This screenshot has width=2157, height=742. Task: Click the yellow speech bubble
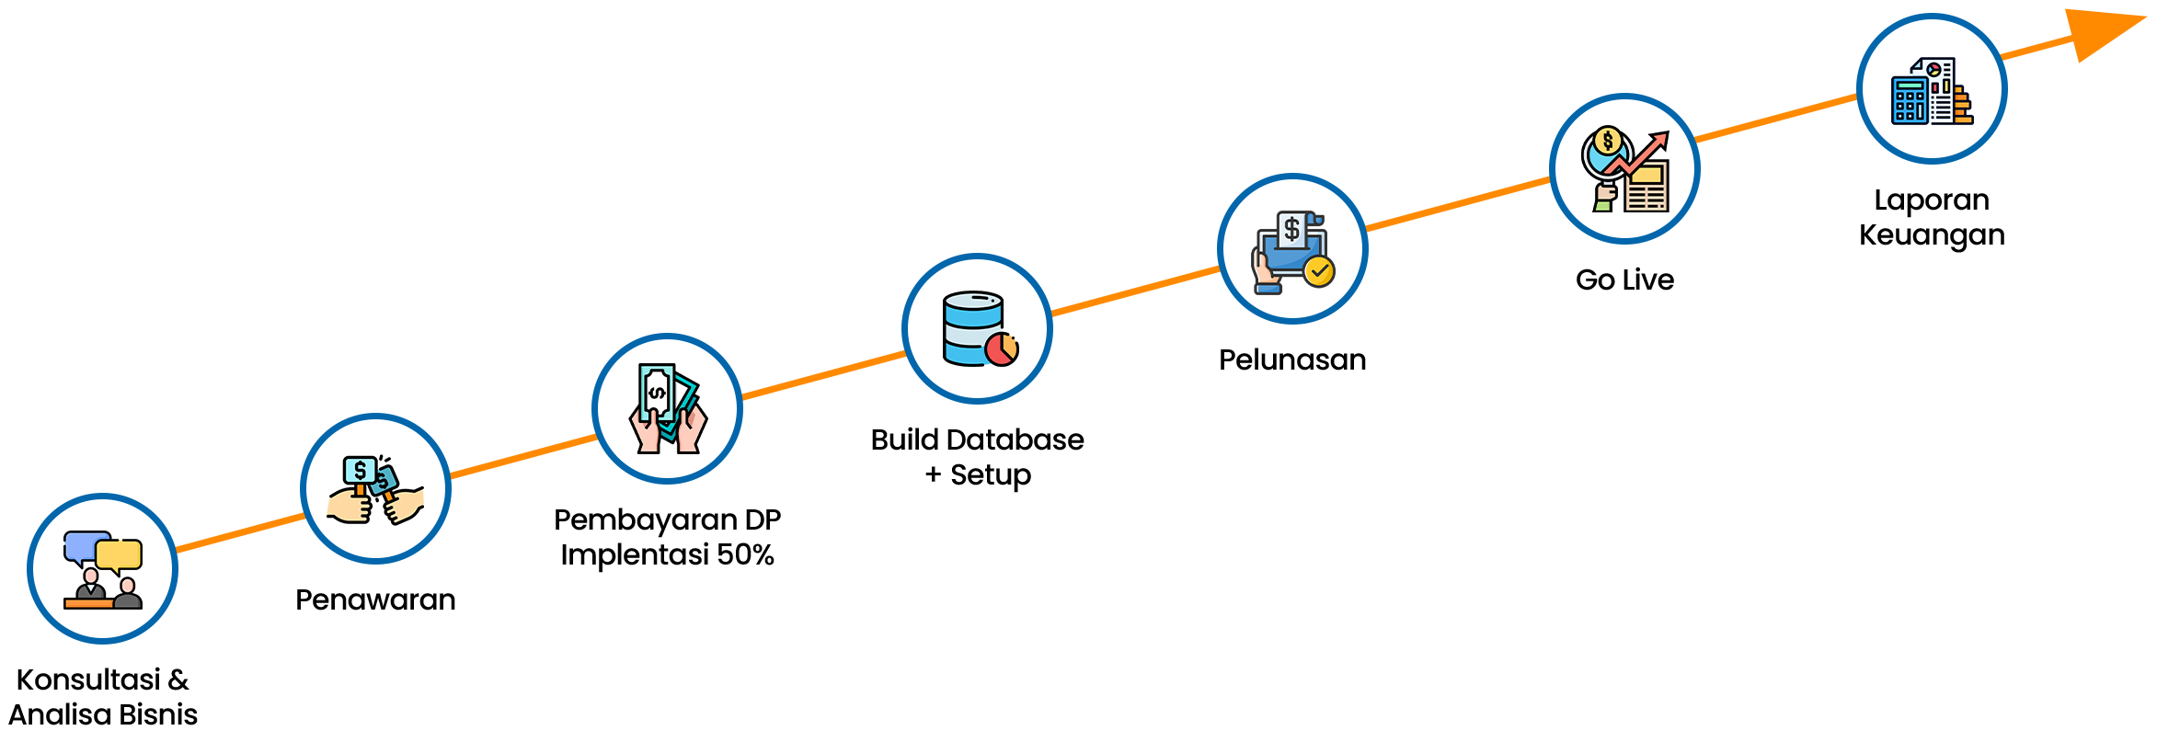click(120, 554)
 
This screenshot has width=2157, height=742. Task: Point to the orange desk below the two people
click(88, 603)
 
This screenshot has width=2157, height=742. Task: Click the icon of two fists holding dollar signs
click(375, 490)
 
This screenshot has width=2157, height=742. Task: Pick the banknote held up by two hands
click(658, 393)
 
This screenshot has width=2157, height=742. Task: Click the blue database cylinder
click(971, 326)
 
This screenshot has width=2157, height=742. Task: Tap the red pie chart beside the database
click(1002, 349)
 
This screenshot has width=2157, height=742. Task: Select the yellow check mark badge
click(1319, 271)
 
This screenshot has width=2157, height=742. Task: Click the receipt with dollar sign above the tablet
click(1292, 230)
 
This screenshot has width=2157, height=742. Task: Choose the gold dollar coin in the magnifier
click(1608, 142)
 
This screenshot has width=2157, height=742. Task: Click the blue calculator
click(1910, 100)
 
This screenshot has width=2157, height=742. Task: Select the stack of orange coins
click(1963, 107)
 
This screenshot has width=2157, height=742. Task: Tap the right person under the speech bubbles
click(128, 593)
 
